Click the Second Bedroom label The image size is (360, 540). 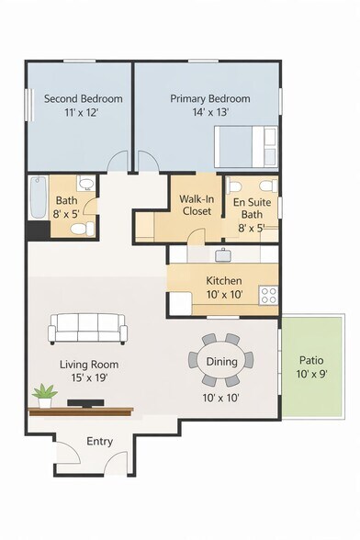[84, 99]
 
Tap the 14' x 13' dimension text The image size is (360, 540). [211, 112]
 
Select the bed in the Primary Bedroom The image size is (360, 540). [246, 146]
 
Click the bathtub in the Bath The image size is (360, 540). [38, 197]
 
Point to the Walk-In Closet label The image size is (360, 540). [197, 205]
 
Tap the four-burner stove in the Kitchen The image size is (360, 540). [268, 295]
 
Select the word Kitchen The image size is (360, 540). [224, 281]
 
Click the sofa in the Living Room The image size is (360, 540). [87, 329]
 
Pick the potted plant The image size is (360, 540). [45, 396]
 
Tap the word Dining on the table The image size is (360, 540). [221, 362]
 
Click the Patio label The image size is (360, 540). [311, 360]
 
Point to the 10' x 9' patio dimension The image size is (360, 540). [311, 374]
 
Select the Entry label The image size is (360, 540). [99, 442]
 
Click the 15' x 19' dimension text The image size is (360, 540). [90, 377]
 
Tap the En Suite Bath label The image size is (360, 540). [252, 208]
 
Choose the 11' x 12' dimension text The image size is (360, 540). [82, 112]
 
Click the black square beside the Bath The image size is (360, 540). [39, 230]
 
